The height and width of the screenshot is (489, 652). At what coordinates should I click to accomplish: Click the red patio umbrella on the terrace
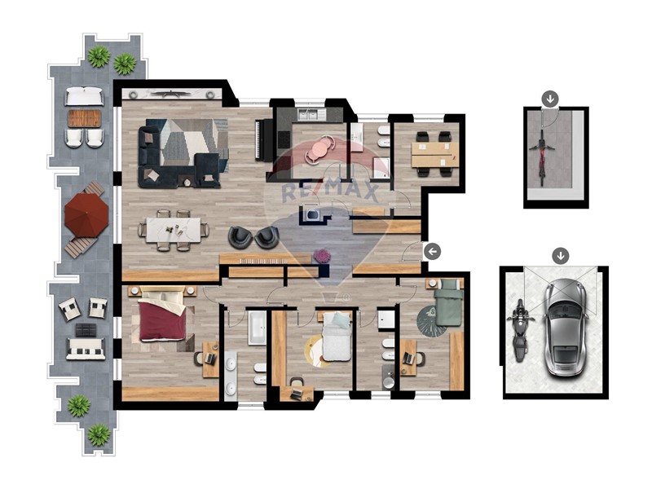86,215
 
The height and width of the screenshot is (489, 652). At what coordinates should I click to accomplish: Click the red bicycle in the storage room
542,157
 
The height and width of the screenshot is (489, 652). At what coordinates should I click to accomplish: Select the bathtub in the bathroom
258,328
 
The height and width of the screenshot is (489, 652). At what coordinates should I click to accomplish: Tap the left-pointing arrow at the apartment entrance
433,252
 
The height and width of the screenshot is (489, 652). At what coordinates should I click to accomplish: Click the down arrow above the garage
561,256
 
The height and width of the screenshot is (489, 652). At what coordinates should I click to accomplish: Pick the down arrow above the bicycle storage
550,99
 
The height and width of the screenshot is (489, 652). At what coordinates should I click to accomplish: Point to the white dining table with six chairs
173,230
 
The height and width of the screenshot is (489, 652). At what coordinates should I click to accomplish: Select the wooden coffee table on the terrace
85,118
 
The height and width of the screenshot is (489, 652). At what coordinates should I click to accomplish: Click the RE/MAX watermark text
330,192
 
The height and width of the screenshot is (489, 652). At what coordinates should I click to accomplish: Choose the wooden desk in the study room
434,155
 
